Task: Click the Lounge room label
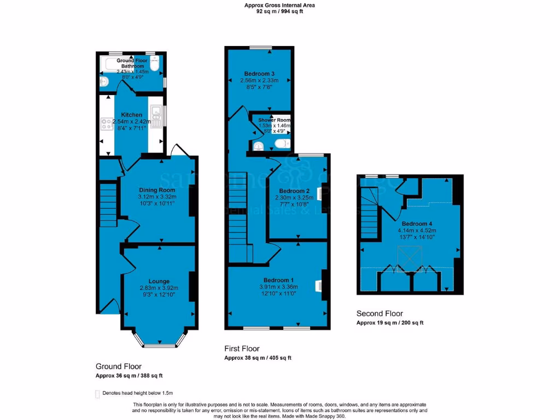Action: (159, 281)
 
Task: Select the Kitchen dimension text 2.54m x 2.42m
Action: (131, 121)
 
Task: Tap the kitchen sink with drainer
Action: (156, 116)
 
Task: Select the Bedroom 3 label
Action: (259, 74)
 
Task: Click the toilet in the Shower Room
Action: (282, 144)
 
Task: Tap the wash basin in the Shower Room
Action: (259, 145)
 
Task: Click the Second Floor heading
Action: (380, 313)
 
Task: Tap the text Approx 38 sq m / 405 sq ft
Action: (258, 358)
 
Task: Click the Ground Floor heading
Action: (119, 366)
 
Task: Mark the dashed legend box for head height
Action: (98, 393)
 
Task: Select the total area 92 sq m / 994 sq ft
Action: (279, 10)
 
